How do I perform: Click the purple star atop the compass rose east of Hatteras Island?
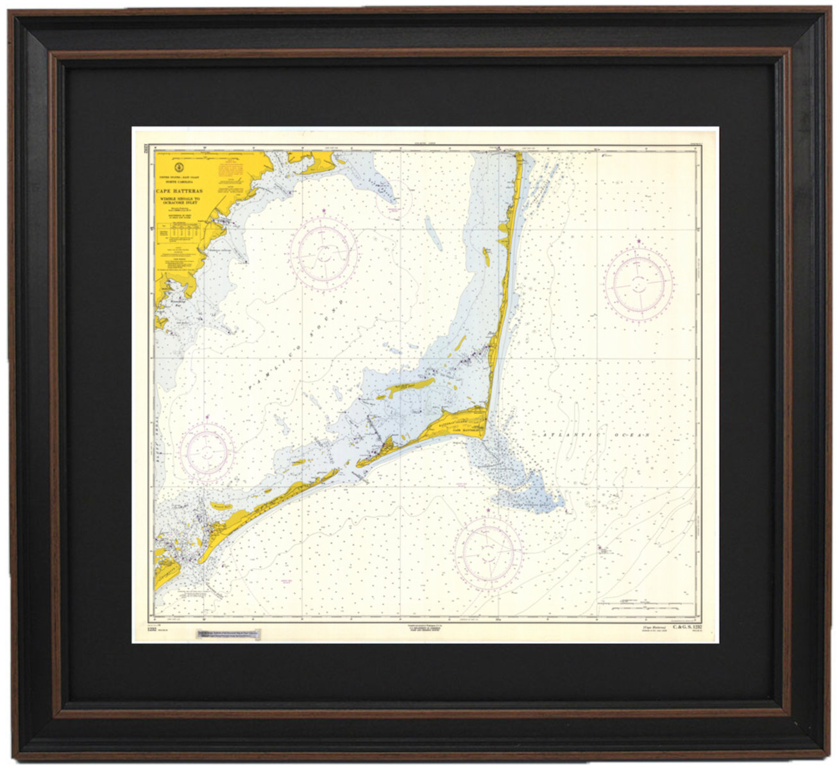[639, 241]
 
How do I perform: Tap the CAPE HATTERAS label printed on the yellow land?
[466, 431]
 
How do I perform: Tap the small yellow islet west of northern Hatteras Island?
[487, 257]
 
